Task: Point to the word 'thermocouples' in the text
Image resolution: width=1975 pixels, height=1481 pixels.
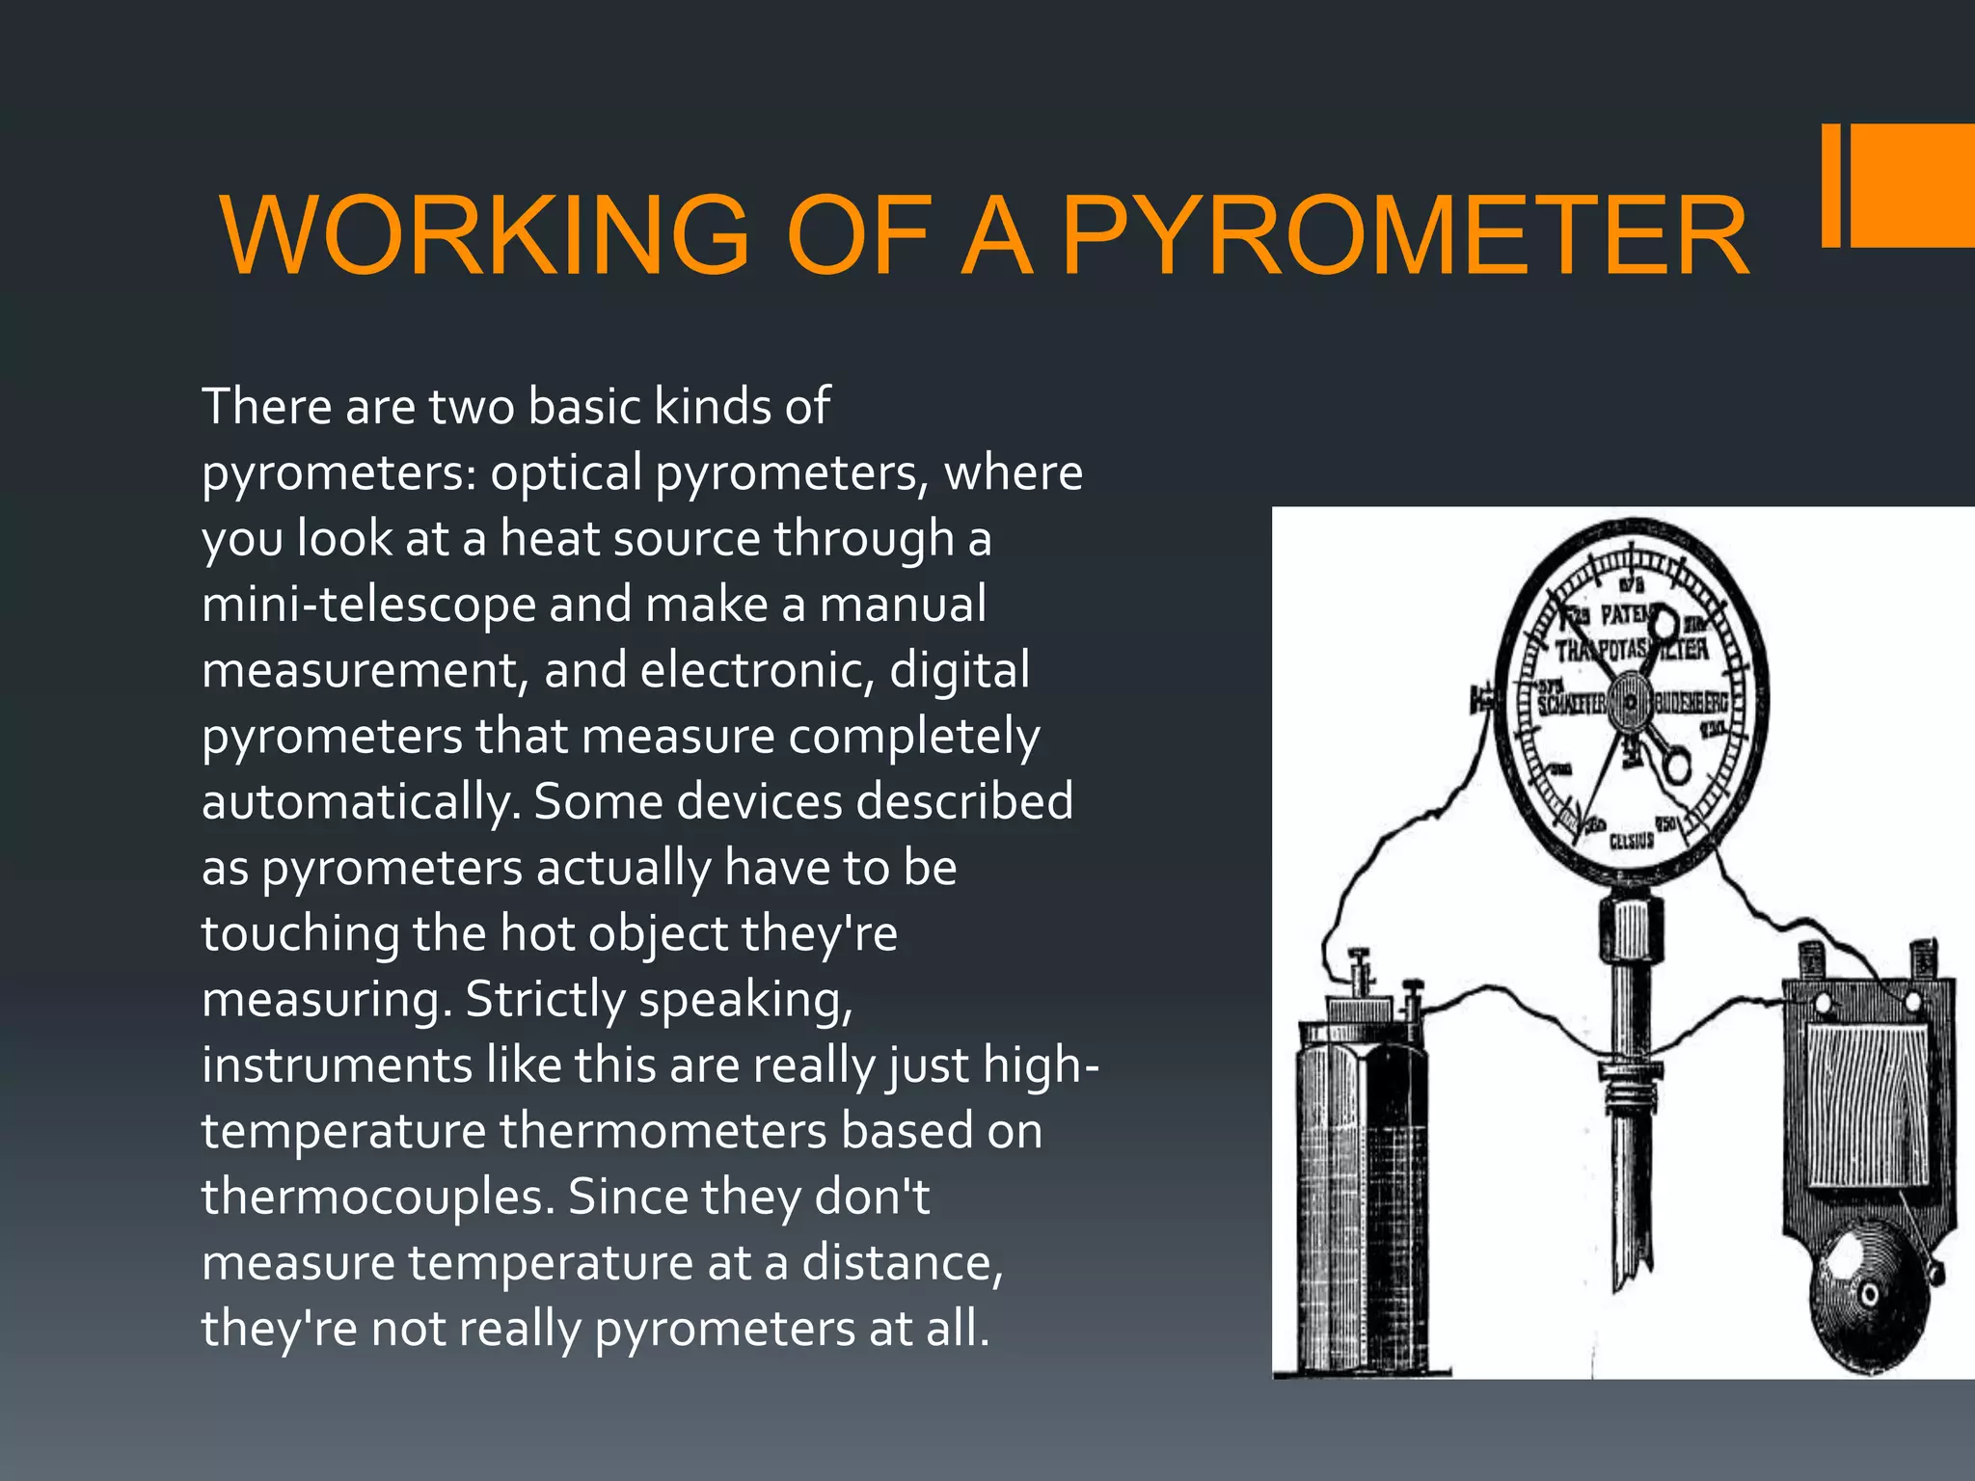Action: point(376,1198)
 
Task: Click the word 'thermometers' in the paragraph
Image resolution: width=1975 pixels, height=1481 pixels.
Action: point(663,1131)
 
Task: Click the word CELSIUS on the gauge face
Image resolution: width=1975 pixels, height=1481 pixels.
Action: point(1632,842)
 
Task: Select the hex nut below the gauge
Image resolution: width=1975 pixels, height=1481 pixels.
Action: point(1630,929)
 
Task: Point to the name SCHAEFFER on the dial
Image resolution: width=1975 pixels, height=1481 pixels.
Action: point(1572,704)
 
